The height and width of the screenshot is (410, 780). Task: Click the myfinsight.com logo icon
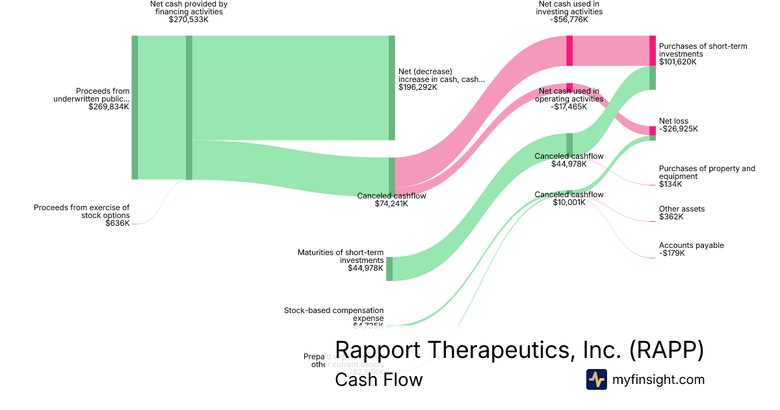point(596,379)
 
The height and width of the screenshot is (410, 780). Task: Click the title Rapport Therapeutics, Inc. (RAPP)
point(519,349)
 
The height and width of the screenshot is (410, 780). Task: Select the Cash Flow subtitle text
point(378,379)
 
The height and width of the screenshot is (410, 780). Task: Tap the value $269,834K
point(109,107)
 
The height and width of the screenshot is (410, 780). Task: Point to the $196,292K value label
point(417,87)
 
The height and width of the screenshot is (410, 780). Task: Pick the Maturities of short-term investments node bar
point(389,269)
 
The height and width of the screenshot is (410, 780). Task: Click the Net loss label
point(673,121)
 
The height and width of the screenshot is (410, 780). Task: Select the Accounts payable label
point(691,245)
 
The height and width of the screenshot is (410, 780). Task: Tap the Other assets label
point(681,209)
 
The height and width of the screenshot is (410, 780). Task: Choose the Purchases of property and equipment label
point(707,172)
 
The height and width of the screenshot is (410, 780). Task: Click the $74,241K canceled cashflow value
point(391,204)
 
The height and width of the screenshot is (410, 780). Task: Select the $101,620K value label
point(677,62)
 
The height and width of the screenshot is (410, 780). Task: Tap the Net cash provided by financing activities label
point(188,7)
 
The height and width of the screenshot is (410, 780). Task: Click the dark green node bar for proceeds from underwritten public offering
point(135,107)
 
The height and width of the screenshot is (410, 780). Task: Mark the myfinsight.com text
point(658,379)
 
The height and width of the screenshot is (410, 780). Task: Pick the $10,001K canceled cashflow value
point(569,202)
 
